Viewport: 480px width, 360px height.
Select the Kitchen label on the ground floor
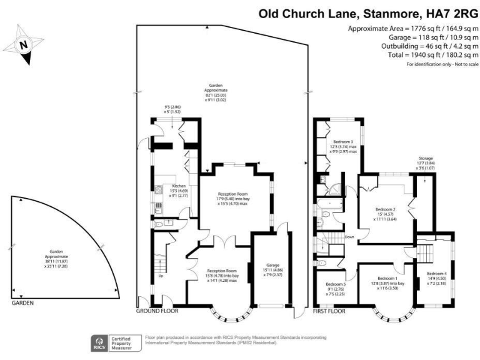(x=179, y=186)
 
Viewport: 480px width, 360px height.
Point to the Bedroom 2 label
(x=385, y=209)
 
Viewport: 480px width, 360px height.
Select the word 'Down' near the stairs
(x=349, y=237)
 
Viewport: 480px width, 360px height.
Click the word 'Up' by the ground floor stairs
(x=162, y=276)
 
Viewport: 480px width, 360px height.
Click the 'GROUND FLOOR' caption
(x=157, y=311)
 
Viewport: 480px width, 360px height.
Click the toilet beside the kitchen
(x=158, y=223)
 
